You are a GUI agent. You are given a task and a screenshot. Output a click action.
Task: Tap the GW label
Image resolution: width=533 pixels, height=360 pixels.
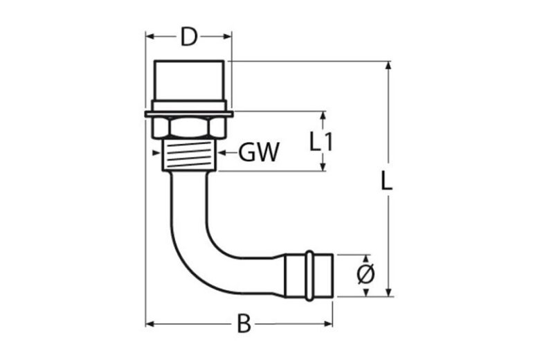(259, 152)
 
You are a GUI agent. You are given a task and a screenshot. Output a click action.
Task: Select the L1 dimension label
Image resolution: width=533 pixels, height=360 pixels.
(321, 142)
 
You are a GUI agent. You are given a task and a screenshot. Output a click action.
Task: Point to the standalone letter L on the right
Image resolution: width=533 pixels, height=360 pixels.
(388, 181)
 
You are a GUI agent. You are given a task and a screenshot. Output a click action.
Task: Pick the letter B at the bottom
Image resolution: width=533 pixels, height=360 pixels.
(243, 324)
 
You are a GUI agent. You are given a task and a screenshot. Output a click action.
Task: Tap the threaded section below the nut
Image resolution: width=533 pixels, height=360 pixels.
(188, 155)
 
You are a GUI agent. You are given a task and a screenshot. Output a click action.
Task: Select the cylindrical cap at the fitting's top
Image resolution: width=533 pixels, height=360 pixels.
(188, 83)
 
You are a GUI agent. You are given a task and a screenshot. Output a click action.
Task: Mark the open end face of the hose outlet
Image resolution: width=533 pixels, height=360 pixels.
(334, 275)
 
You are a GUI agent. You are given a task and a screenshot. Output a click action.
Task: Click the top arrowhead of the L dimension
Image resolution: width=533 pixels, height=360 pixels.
(388, 66)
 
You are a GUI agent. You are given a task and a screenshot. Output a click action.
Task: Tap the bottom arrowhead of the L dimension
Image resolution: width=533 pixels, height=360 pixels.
(388, 291)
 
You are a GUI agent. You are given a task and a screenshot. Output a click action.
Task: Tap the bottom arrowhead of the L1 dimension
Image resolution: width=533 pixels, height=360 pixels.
(322, 166)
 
